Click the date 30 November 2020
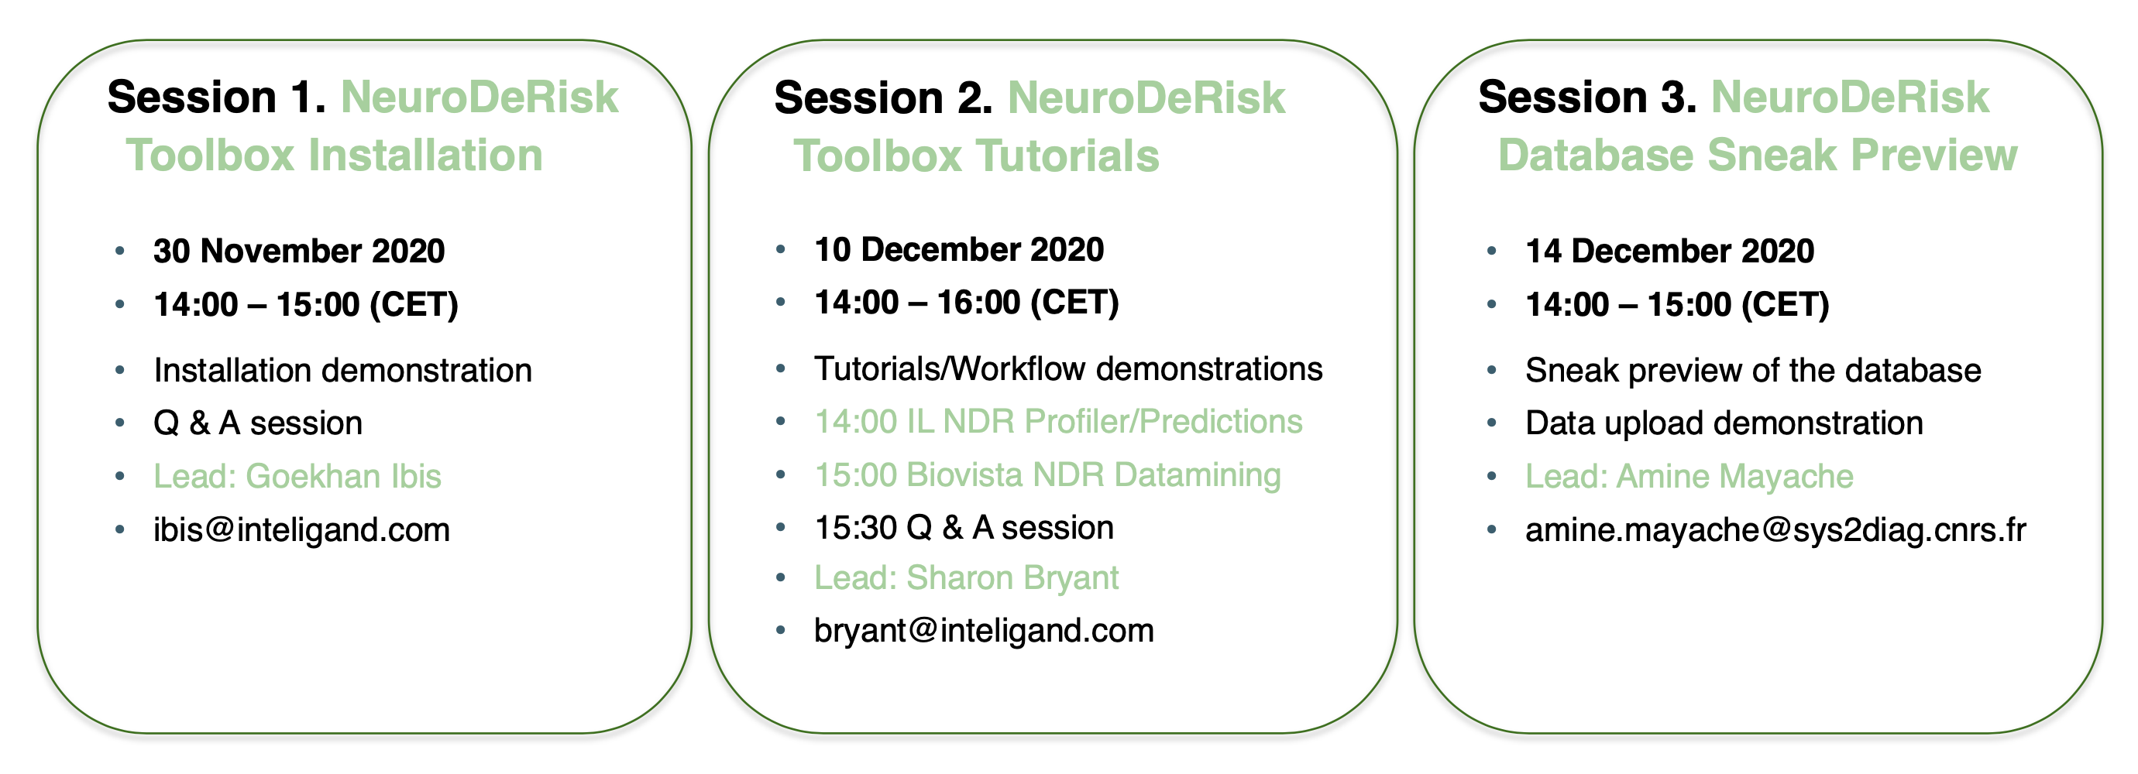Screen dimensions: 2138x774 [299, 251]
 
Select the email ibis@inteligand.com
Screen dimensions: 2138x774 [301, 530]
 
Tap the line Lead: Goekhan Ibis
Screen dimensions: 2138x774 [297, 476]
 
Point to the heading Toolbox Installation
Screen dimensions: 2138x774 [334, 155]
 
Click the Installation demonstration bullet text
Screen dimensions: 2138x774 [342, 370]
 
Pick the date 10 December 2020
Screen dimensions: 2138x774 [959, 249]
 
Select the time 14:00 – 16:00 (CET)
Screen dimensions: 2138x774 [966, 303]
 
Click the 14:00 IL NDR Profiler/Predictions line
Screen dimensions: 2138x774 [1058, 421]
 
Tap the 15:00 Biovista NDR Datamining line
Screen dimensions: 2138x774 [1047, 475]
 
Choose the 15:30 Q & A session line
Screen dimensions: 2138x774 [964, 528]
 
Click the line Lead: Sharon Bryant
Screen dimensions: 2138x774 [966, 578]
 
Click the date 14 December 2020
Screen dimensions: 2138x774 [1670, 251]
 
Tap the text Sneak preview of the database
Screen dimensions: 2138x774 [1753, 371]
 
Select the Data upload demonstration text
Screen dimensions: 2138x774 [1724, 423]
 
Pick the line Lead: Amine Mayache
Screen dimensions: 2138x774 [1689, 476]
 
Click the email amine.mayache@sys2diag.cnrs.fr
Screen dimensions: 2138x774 [1775, 530]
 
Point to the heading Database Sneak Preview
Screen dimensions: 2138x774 [1757, 155]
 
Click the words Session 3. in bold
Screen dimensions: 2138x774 [1588, 97]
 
